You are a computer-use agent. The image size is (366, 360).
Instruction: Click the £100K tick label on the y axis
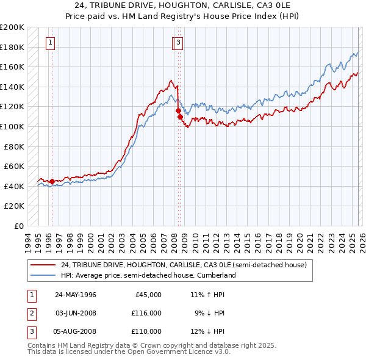(x=12, y=126)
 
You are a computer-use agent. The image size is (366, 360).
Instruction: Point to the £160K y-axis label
(x=12, y=67)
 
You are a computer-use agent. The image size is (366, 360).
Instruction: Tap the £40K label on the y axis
(x=15, y=186)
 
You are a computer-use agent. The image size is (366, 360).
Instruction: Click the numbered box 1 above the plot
(x=50, y=43)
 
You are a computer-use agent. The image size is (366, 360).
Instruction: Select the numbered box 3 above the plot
(x=178, y=43)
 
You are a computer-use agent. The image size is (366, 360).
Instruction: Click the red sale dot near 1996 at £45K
(x=52, y=181)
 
